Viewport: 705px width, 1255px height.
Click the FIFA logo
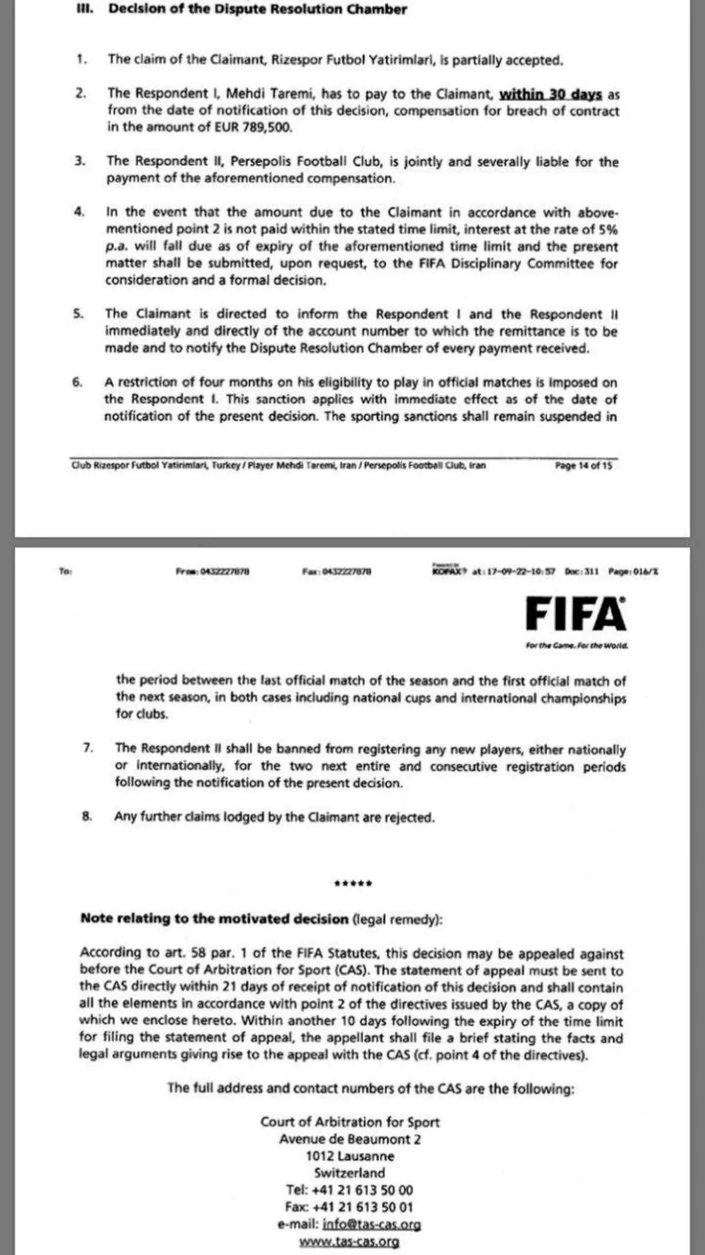(575, 613)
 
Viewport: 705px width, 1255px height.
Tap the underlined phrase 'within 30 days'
(550, 94)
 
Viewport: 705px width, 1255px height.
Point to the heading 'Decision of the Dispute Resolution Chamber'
(257, 9)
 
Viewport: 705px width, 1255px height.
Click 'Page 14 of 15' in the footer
(583, 465)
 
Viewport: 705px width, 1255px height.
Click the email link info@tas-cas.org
(371, 1224)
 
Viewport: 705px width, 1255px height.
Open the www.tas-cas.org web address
(349, 1241)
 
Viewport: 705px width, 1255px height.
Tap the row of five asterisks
(352, 884)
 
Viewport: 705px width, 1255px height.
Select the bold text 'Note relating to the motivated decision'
(214, 918)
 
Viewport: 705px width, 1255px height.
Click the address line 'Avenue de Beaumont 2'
(350, 1139)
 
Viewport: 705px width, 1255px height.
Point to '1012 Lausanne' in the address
(350, 1156)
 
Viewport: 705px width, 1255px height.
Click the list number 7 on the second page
(88, 748)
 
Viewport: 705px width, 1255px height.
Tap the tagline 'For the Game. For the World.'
(576, 646)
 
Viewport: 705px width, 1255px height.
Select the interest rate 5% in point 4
(607, 229)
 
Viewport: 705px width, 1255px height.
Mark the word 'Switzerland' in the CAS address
(350, 1173)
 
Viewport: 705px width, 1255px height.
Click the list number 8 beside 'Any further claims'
(87, 817)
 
